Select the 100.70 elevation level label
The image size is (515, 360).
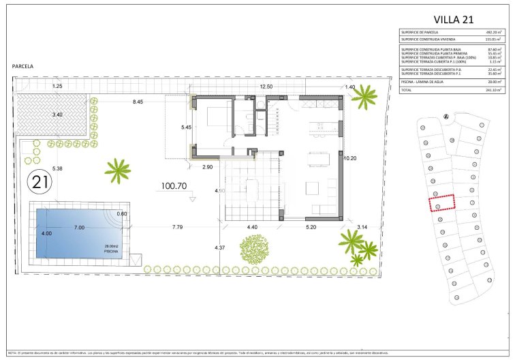click(x=174, y=185)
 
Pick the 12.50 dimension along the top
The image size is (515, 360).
click(x=266, y=87)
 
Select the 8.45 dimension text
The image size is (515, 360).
click(x=138, y=102)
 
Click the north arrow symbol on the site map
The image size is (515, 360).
click(x=446, y=115)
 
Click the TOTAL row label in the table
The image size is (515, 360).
click(x=407, y=89)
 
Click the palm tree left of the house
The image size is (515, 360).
click(x=119, y=170)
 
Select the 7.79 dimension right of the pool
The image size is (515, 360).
click(x=178, y=227)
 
